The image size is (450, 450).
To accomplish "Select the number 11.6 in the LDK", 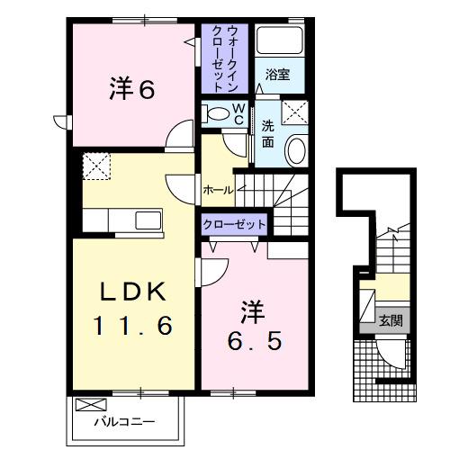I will (132, 325).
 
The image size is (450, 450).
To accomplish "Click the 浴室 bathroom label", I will (277, 76).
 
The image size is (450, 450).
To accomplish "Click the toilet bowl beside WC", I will (215, 113).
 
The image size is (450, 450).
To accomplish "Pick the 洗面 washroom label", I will (268, 134).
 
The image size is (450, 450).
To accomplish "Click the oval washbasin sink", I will (294, 150).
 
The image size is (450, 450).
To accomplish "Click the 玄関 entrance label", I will (389, 319).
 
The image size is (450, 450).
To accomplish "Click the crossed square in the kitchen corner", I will (94, 167).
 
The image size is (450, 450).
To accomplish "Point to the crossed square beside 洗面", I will (294, 112).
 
